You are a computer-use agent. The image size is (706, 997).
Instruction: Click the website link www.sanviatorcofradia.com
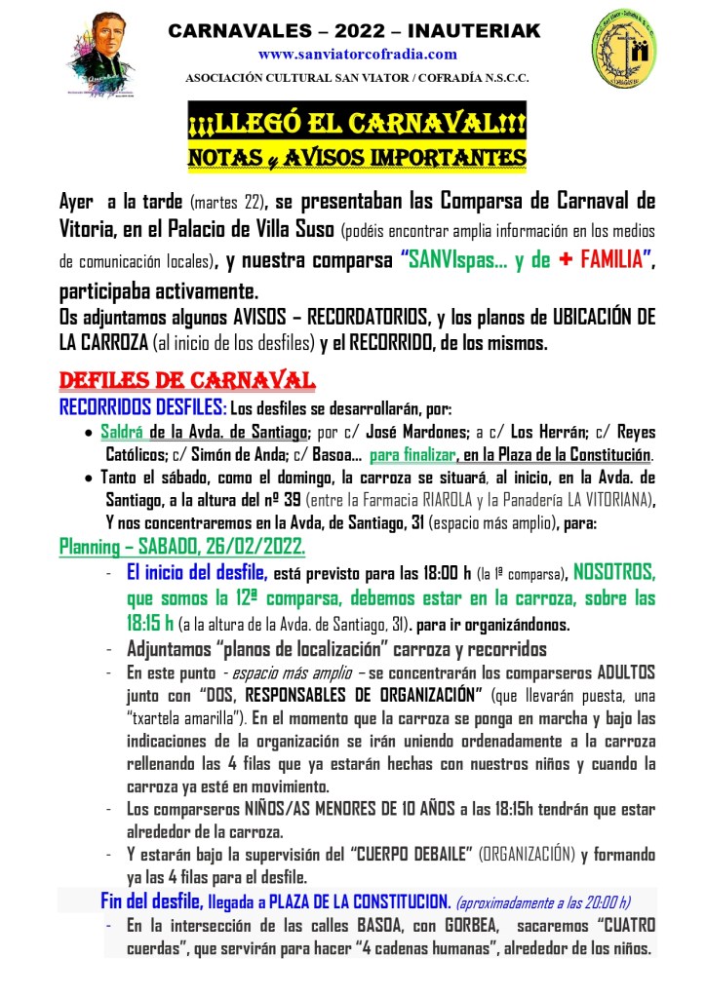coord(357,55)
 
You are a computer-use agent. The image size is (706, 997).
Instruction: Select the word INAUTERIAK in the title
coord(485,32)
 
